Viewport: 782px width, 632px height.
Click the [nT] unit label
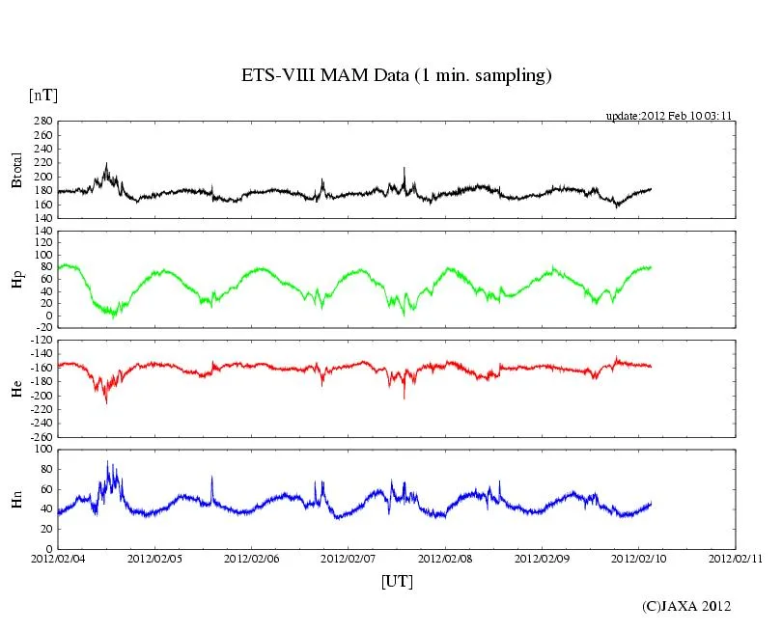click(42, 96)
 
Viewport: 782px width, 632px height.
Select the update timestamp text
click(670, 115)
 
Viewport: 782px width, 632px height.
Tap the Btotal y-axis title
click(16, 171)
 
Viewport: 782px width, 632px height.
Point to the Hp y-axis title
click(16, 280)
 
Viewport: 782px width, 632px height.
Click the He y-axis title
click(16, 388)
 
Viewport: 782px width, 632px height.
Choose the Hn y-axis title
click(16, 498)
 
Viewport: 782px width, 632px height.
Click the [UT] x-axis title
click(397, 581)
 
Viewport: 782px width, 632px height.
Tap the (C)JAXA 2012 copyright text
click(686, 606)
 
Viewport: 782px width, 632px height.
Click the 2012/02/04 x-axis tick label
click(58, 558)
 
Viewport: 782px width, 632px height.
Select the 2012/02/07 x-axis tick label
click(349, 558)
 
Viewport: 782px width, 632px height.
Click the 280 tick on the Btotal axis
click(42, 122)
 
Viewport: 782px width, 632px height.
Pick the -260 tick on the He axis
click(39, 436)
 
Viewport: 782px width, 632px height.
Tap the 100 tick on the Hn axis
click(42, 450)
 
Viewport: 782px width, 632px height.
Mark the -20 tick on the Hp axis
click(42, 327)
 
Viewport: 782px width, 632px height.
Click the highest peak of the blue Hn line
click(107, 462)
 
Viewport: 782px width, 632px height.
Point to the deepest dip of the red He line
click(106, 402)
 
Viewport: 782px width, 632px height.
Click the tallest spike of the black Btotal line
click(106, 163)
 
